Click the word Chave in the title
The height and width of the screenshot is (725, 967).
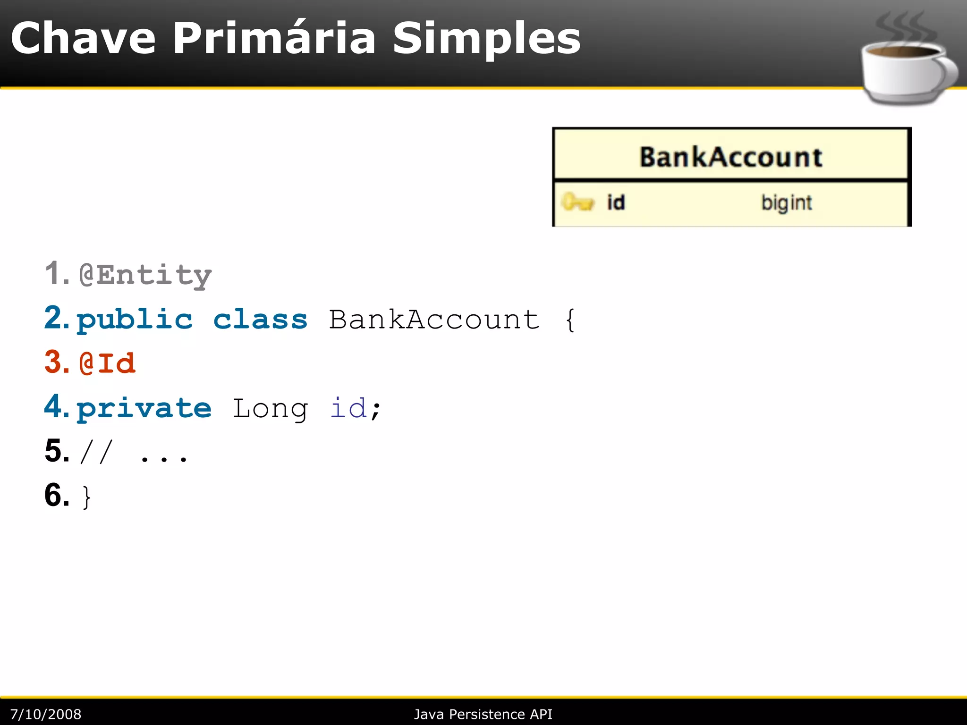(x=83, y=39)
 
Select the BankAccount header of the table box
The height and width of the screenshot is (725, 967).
(x=730, y=157)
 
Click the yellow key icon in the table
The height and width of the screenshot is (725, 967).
(x=577, y=202)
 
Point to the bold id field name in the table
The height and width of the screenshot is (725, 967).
(x=616, y=202)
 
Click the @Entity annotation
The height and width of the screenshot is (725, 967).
(x=145, y=275)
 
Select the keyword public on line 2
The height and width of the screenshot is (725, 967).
(x=135, y=320)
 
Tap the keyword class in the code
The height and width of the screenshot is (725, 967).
(x=260, y=320)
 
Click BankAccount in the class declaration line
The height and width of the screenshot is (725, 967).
(x=434, y=320)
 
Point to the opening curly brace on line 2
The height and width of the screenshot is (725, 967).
(x=570, y=320)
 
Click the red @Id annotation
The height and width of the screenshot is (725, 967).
(x=108, y=363)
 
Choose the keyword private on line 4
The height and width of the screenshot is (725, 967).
(x=144, y=408)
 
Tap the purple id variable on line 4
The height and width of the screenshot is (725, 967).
(x=348, y=408)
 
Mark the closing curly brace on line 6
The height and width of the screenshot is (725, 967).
(x=86, y=497)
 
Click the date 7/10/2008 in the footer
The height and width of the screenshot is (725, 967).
(x=46, y=714)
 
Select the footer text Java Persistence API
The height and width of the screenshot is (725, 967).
(x=483, y=714)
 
